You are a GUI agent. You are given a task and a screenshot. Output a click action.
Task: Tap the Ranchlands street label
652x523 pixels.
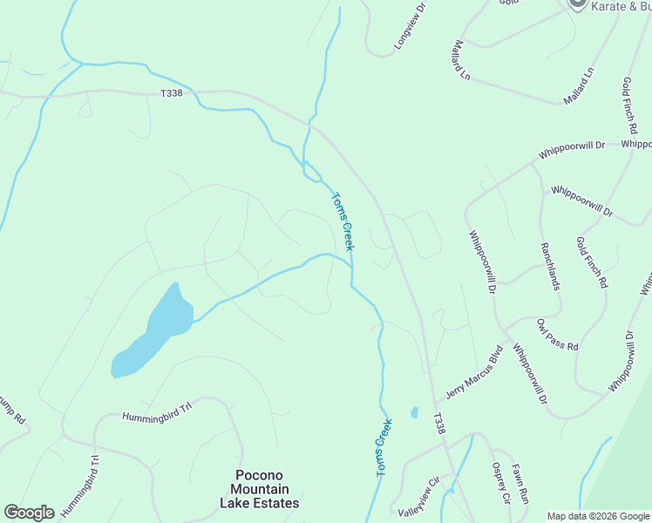[550, 268]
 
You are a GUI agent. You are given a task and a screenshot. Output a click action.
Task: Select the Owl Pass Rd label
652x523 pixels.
[558, 335]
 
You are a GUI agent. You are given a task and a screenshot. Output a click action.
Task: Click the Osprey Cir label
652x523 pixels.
[500, 483]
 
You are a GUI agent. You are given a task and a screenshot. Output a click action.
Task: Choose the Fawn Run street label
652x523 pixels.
[521, 485]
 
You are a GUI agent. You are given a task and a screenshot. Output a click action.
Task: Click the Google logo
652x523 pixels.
[29, 513]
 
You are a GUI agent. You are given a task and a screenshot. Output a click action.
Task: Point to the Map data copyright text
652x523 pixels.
[597, 516]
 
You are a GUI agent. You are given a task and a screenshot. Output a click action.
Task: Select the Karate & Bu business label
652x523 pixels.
[621, 6]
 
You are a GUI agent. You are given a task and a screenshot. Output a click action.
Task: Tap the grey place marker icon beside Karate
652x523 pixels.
[576, 4]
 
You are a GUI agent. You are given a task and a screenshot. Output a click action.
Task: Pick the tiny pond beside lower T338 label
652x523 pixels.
[414, 412]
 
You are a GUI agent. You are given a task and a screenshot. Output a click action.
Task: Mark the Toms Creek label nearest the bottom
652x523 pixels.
[384, 446]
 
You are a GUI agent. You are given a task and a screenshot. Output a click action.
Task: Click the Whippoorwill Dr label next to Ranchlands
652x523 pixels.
[485, 260]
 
